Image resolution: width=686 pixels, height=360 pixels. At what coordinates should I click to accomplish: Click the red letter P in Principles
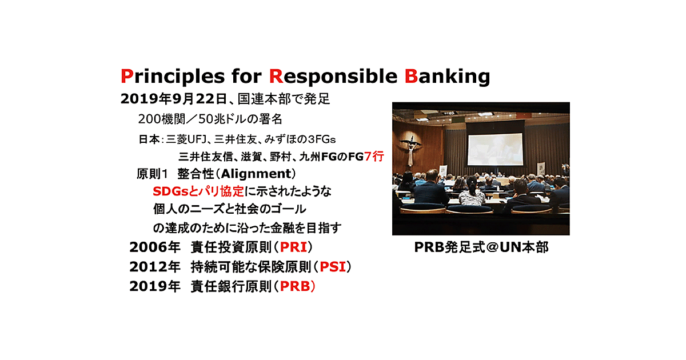[127, 76]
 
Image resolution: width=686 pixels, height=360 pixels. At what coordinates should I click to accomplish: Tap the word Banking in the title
[447, 77]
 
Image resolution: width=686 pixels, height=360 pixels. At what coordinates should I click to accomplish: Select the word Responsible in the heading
[333, 77]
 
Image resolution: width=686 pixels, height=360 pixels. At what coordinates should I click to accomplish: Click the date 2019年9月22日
[174, 99]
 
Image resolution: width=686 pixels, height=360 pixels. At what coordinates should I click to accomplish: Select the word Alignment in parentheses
[256, 174]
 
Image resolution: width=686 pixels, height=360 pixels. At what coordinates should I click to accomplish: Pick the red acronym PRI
[293, 247]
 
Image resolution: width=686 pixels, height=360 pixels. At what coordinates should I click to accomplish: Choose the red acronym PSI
[333, 267]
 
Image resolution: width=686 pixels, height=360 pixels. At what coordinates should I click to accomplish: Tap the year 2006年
[155, 247]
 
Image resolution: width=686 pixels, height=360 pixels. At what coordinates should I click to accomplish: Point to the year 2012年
[155, 267]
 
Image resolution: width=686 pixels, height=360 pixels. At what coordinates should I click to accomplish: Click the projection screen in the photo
[495, 149]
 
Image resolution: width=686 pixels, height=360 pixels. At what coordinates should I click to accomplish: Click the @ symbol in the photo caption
[492, 247]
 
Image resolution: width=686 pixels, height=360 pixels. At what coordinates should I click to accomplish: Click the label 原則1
[152, 174]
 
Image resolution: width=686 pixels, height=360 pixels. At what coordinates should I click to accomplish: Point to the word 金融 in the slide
[282, 228]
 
